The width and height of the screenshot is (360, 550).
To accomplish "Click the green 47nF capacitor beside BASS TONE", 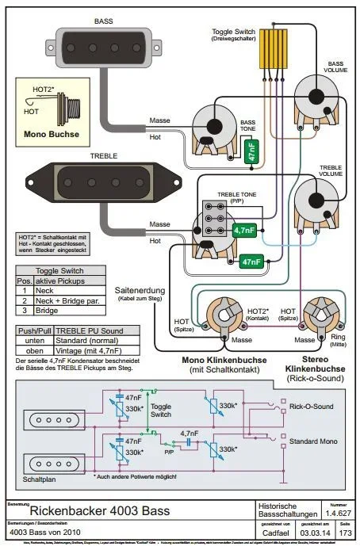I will pos(251,151).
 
